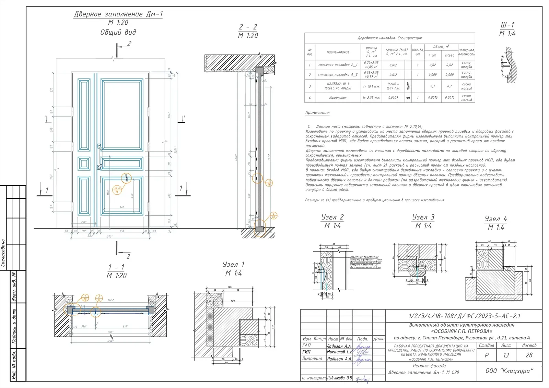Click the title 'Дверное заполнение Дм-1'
pos(118,14)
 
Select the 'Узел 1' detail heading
pos(233,264)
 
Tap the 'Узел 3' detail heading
pos(423,217)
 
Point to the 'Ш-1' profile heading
pos(507,25)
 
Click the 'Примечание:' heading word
pos(317,112)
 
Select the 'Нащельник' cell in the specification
pos(338,98)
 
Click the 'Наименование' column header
pos(338,52)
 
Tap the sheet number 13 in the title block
pos(506,355)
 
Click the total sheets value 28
pos(529,355)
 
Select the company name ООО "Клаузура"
pos(509,371)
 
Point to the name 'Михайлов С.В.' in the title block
pos(339,352)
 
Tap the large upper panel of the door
pos(122,115)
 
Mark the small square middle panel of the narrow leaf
pos(84,164)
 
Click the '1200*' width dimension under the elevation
pos(109,237)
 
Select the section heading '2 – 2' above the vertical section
pos(248,27)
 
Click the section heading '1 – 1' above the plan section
pos(116,267)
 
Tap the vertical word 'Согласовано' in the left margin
pos(3,253)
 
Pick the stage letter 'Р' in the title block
pos(486,355)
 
